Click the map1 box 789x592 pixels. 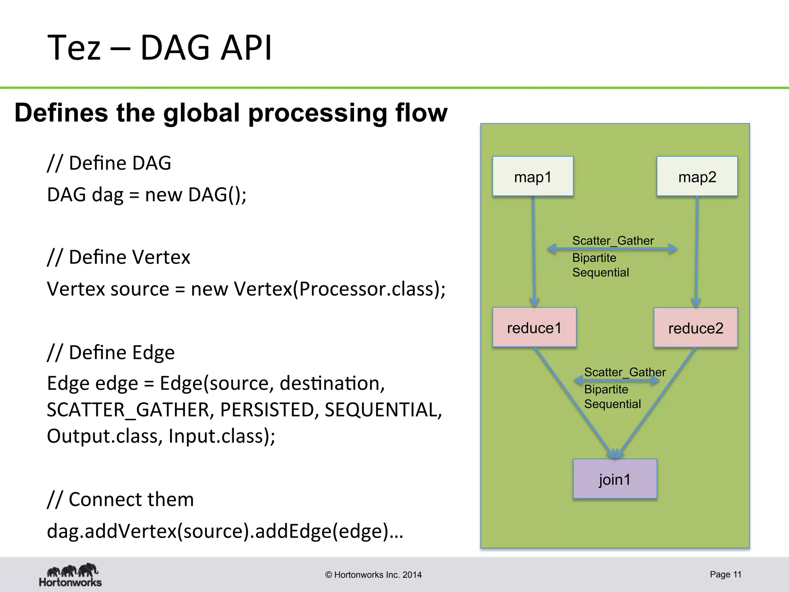pyautogui.click(x=533, y=177)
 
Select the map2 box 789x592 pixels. pyautogui.click(x=697, y=177)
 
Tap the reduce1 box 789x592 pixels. pyautogui.click(x=534, y=328)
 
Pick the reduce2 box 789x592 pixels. pyautogui.click(x=695, y=328)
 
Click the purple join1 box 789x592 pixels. pyautogui.click(x=615, y=479)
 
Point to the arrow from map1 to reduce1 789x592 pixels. pyautogui.click(x=534, y=251)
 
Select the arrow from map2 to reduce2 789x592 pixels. pyautogui.click(x=697, y=251)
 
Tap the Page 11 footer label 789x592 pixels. pyautogui.click(x=725, y=574)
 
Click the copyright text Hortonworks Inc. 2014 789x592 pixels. pyautogui.click(x=373, y=575)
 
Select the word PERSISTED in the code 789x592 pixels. pyautogui.click(x=267, y=409)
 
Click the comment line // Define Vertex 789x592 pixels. pyautogui.click(x=119, y=257)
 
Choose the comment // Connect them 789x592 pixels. pyautogui.click(x=120, y=499)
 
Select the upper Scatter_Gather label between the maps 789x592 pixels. pyautogui.click(x=613, y=240)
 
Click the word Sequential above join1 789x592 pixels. pyautogui.click(x=613, y=404)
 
